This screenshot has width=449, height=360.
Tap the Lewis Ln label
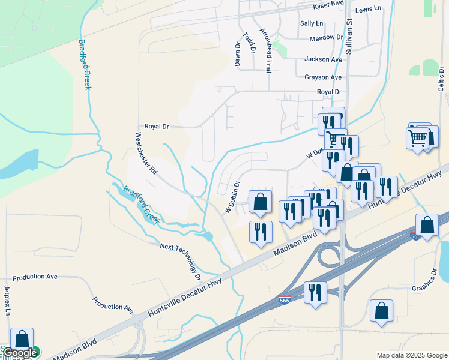368,9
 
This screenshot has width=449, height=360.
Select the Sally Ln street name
312,23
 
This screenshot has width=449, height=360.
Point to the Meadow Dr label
326,38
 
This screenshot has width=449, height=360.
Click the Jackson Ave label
323,59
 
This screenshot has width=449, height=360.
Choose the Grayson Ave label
322,77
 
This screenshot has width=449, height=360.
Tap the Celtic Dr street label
441,79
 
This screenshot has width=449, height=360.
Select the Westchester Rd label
146,153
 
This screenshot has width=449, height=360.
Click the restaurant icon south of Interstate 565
315,293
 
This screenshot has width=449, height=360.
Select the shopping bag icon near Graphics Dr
381,311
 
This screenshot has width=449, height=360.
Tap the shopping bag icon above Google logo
22,338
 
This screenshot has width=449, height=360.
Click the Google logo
20,353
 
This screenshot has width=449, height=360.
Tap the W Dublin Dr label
232,197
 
